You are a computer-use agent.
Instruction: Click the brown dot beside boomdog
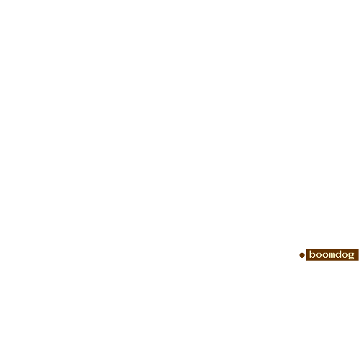[302, 255]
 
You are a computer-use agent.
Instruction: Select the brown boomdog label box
[332, 255]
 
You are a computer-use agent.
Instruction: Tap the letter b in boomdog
[312, 254]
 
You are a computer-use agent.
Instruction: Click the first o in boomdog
[319, 255]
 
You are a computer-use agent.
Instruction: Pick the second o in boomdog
[325, 255]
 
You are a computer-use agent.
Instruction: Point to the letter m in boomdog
[332, 255]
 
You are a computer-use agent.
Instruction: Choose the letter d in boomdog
[338, 254]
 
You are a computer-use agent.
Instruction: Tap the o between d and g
[345, 255]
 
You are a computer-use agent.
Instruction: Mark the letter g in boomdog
[351, 256]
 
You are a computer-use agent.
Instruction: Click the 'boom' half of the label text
[322, 254]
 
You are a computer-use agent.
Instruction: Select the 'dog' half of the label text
[345, 255]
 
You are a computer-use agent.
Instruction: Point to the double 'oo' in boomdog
[322, 255]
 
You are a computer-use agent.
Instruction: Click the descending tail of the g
[351, 259]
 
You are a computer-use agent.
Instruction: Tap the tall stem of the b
[310, 254]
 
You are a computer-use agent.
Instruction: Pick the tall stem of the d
[341, 254]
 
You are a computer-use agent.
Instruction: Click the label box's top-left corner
[306, 249]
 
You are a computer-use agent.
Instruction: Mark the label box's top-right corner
[359, 249]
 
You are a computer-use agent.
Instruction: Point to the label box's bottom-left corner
[306, 261]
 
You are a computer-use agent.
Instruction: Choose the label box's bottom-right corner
[359, 261]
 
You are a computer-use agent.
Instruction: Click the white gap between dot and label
[305, 255]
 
